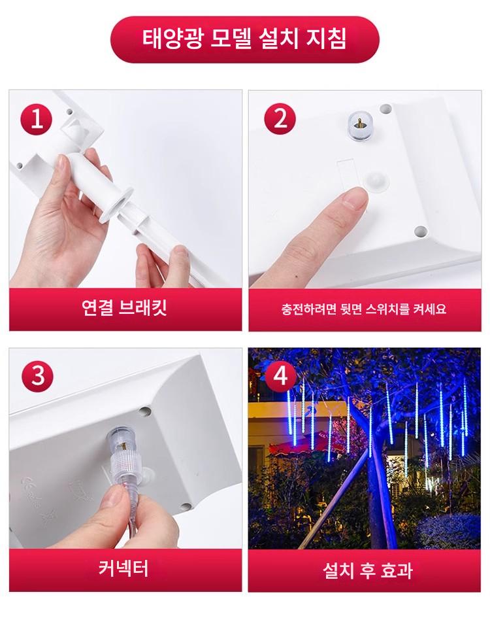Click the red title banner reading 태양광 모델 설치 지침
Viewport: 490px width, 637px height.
point(244,39)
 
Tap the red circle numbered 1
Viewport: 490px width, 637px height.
point(37,120)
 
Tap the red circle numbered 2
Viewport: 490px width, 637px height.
point(280,119)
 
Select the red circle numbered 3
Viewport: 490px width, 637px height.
point(37,375)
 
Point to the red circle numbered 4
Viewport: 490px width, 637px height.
point(280,375)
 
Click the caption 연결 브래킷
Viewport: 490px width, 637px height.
point(124,307)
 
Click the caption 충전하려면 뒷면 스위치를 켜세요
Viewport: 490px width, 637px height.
point(364,309)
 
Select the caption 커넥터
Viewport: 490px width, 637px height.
point(123,568)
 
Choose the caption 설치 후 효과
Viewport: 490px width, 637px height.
point(368,570)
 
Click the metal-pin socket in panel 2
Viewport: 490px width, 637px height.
point(360,126)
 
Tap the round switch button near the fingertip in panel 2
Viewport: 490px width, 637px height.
point(376,180)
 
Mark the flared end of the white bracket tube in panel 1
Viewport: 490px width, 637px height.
point(115,205)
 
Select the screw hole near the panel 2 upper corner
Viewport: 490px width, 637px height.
point(385,109)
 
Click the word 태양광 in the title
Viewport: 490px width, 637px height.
point(171,39)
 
